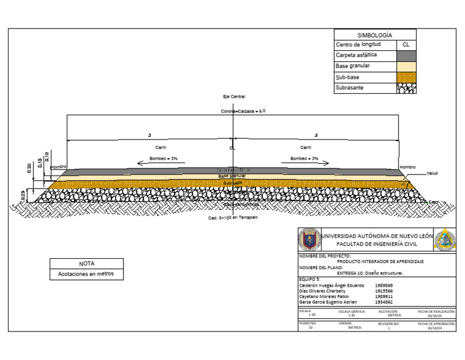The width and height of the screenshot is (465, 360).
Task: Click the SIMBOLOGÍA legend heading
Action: (x=375, y=36)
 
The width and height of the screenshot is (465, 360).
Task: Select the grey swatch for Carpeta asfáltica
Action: (x=406, y=55)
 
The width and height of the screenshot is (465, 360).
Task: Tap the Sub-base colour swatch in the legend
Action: (x=406, y=78)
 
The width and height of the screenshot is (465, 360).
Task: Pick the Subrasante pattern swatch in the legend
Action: (x=406, y=88)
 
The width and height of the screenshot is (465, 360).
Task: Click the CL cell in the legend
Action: (x=406, y=45)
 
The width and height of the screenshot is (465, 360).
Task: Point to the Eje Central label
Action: (x=234, y=97)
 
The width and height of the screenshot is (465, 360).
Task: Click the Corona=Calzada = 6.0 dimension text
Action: (x=243, y=112)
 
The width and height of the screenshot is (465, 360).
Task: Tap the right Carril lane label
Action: (x=306, y=147)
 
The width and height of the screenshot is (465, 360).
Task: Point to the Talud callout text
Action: (x=432, y=173)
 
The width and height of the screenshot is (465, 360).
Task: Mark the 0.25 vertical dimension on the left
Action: (x=24, y=194)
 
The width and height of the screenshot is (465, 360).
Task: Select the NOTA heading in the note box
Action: (x=87, y=264)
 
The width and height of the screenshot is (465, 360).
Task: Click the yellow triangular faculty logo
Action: (x=445, y=240)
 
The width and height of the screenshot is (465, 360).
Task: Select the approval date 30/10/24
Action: (x=436, y=327)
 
